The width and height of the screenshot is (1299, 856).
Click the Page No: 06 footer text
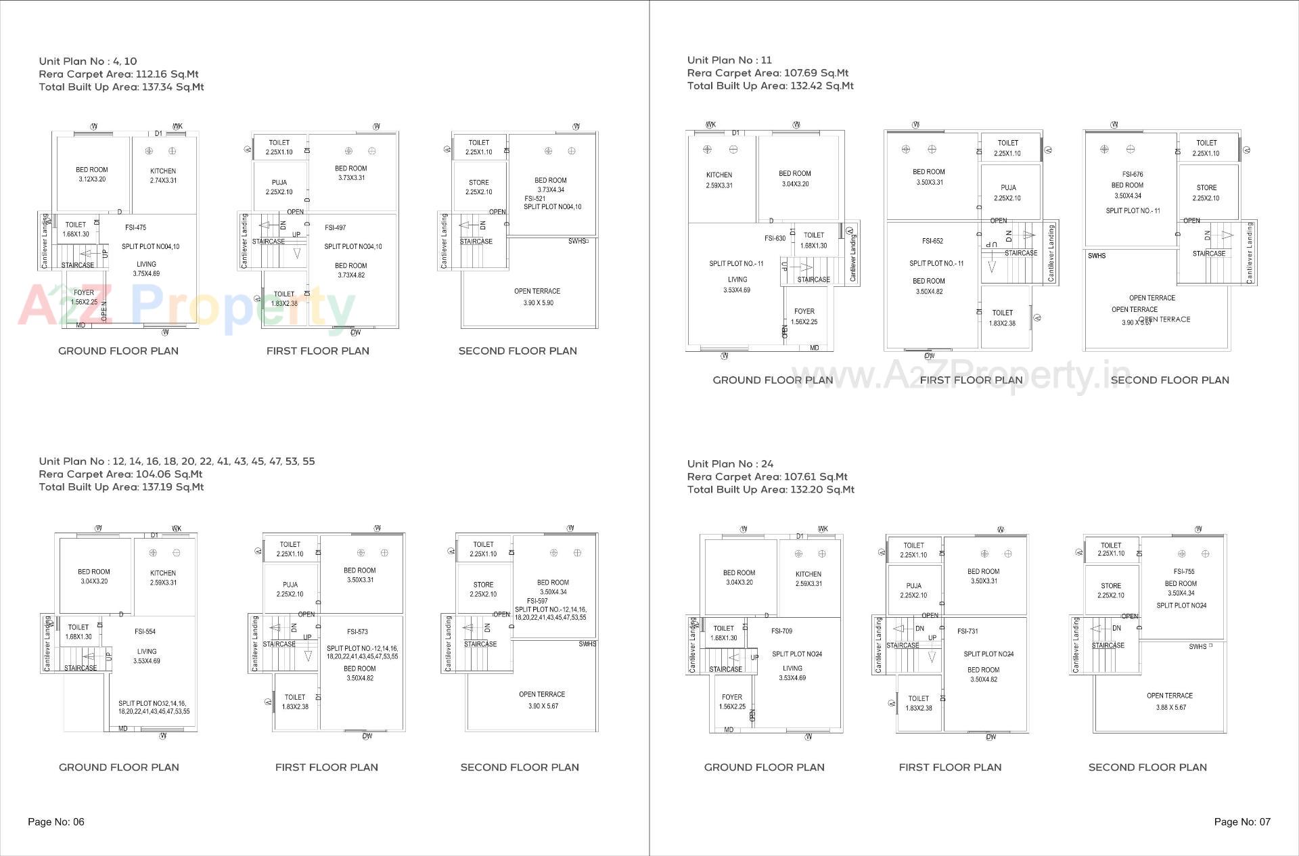56,821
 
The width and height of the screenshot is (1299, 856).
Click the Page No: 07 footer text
1242,821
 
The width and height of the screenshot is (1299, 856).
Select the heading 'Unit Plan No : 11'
729,60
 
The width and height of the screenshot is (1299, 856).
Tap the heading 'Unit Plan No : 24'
730,464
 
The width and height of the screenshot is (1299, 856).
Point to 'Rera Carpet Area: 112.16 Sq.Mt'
118,74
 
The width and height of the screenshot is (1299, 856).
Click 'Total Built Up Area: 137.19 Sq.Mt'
121,487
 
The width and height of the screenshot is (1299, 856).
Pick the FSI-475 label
135,228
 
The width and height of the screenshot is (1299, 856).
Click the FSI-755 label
1184,571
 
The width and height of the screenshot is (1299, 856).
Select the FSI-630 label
775,238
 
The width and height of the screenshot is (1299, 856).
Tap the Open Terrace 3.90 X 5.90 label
537,297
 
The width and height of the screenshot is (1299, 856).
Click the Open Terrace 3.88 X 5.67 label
1170,701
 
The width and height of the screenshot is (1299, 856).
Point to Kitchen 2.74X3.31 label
163,175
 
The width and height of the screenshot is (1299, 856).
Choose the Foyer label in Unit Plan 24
732,701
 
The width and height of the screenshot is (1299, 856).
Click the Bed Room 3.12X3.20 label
91,175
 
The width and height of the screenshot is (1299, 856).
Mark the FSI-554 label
145,631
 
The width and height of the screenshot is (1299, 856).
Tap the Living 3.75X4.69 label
146,269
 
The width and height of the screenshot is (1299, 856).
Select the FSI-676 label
1132,174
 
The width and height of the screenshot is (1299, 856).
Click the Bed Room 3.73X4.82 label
350,270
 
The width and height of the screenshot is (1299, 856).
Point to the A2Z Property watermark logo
186,307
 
